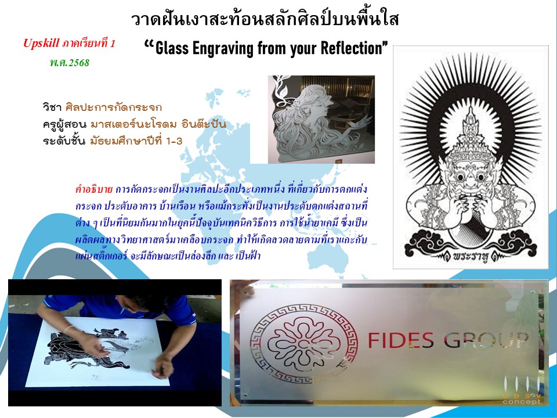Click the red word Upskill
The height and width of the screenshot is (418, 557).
click(x=41, y=44)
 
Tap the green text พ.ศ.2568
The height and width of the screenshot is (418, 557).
click(x=70, y=63)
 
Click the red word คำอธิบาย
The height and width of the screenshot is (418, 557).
click(x=94, y=189)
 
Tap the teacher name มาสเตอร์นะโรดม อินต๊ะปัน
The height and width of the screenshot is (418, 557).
click(x=158, y=124)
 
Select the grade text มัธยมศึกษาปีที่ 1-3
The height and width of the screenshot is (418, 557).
click(x=136, y=141)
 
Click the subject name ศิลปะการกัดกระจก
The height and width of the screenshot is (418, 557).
click(x=114, y=107)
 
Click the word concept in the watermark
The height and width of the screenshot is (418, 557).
click(x=522, y=402)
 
